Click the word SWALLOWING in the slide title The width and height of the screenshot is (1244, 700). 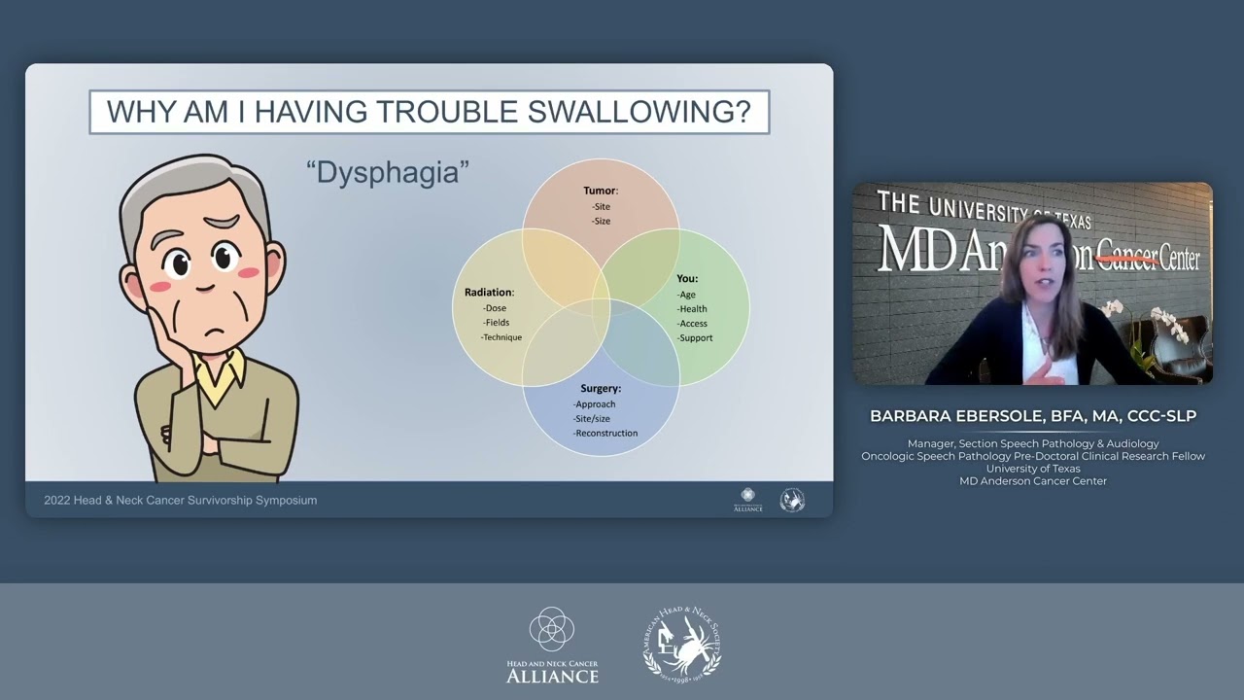(639, 112)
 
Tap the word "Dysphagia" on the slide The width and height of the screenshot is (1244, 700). (388, 173)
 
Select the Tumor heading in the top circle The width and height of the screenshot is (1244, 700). (600, 191)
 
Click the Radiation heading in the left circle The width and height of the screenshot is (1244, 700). (489, 293)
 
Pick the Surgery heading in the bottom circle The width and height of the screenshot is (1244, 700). (600, 389)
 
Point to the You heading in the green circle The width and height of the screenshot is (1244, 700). (687, 279)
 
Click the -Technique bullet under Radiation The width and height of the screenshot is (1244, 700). (501, 337)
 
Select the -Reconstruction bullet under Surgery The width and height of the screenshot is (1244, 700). (605, 433)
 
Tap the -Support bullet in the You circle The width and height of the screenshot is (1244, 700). (695, 338)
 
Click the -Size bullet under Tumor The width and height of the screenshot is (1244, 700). (601, 222)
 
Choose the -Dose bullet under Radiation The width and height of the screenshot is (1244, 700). (495, 308)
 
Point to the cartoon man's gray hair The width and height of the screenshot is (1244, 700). (194, 185)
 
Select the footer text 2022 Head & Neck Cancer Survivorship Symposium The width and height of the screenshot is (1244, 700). (181, 501)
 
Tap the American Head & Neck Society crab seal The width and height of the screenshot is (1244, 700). (682, 644)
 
